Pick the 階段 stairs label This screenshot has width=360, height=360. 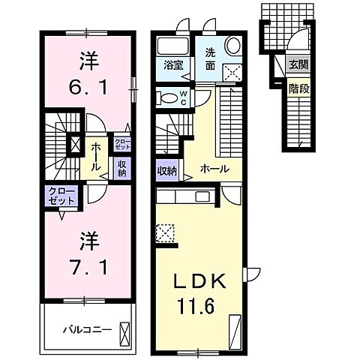(298, 88)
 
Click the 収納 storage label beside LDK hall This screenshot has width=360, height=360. (166, 170)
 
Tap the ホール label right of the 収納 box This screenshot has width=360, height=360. (214, 169)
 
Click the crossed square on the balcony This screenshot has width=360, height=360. (125, 329)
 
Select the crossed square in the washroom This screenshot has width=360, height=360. (233, 72)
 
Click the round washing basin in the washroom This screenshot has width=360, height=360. (231, 46)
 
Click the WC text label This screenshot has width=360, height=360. (184, 96)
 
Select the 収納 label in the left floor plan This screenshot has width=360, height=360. (121, 168)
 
